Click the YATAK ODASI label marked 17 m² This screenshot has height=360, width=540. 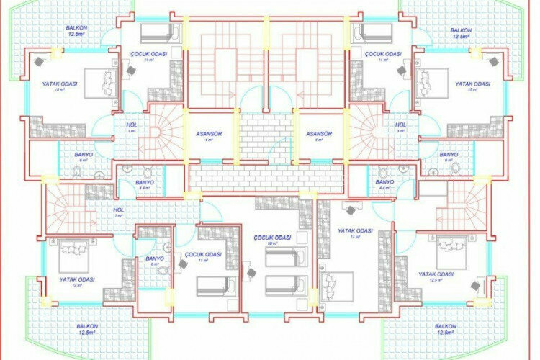tap(355, 231)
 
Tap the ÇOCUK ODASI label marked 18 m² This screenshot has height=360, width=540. tap(272, 237)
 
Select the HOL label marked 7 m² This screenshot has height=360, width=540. tap(119, 210)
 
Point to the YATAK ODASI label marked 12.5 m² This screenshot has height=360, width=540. tap(436, 274)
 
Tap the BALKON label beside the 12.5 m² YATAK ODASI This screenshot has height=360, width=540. tap(446, 325)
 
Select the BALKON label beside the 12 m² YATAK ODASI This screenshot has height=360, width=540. tap(87, 325)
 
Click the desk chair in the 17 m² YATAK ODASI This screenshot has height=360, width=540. tap(351, 210)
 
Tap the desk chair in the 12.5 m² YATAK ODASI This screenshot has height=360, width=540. tap(477, 286)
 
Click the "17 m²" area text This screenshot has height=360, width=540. tap(354, 237)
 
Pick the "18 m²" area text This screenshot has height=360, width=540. tap(272, 243)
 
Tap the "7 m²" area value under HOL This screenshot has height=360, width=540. tap(119, 215)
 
